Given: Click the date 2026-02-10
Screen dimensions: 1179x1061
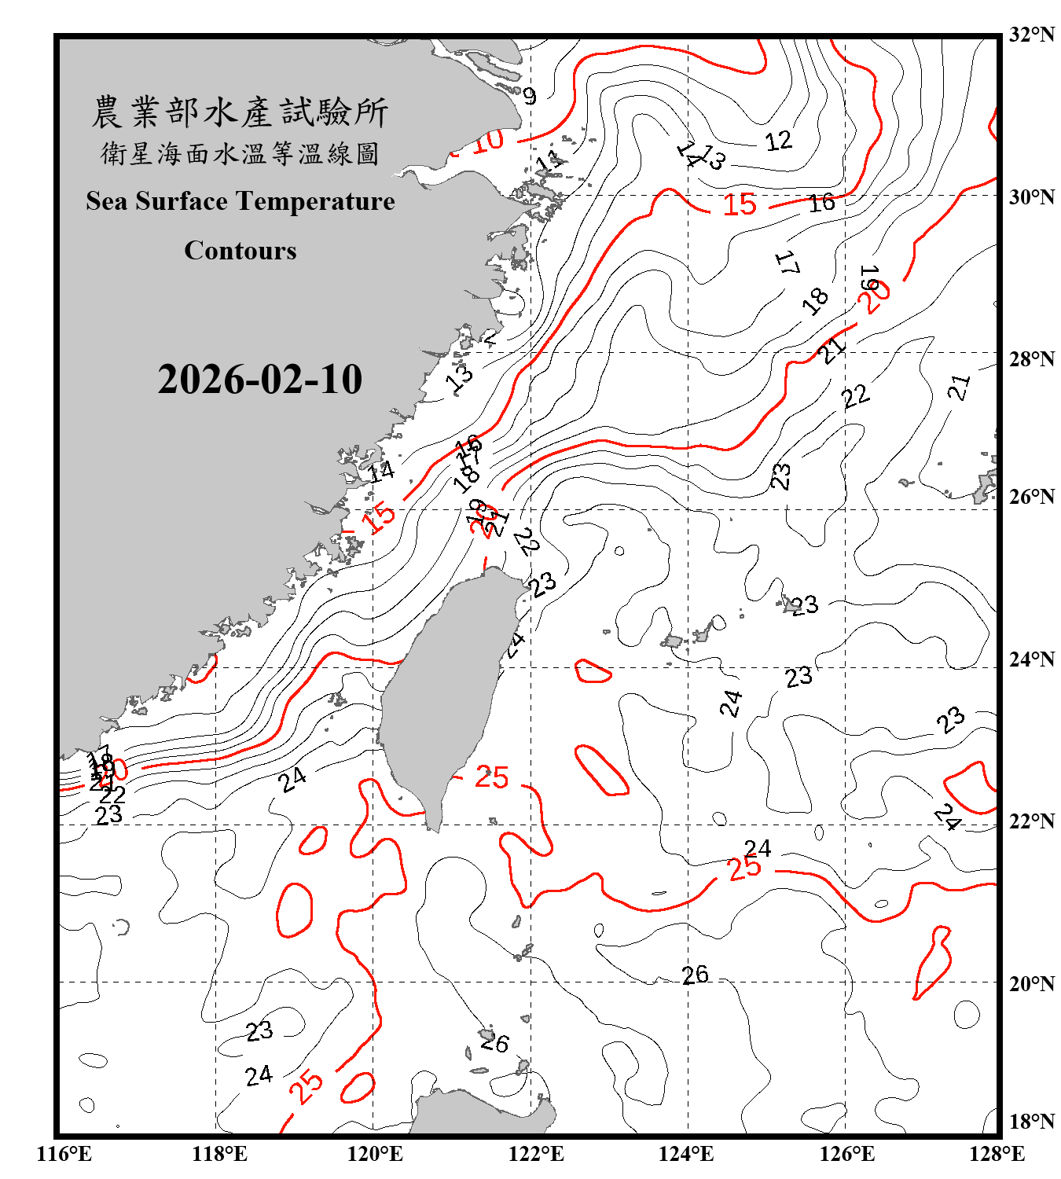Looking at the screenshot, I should [x=259, y=380].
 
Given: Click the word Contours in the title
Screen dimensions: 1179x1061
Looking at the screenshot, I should [x=240, y=250].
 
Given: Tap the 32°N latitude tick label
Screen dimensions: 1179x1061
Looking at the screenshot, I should [x=1032, y=35].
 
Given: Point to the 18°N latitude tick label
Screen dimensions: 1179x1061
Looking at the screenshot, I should [x=1032, y=1122].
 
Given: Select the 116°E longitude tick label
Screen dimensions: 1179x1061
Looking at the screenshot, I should [x=64, y=1154].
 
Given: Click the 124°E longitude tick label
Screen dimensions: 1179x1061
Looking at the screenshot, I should [x=686, y=1154].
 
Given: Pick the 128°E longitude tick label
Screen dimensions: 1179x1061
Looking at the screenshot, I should [x=997, y=1154].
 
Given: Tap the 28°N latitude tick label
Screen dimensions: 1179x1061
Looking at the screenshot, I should [x=1032, y=359].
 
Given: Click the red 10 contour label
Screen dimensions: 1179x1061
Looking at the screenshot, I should [x=487, y=141].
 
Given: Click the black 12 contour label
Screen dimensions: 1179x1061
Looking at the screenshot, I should [x=778, y=141].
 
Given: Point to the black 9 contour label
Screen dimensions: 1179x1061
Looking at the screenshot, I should [x=530, y=96].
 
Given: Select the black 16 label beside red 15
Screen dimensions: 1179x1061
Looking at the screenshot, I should [x=822, y=203].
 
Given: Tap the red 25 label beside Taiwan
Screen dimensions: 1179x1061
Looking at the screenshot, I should [x=492, y=777].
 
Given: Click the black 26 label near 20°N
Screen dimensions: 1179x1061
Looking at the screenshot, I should [x=695, y=975].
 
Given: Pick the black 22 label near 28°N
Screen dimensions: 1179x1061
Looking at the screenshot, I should [x=856, y=395].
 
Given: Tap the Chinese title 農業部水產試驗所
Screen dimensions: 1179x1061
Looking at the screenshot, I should [x=240, y=112].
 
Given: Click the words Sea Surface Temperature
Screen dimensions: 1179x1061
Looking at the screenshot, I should [x=240, y=201].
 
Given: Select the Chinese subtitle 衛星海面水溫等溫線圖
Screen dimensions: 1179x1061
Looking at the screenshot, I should [x=240, y=153].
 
